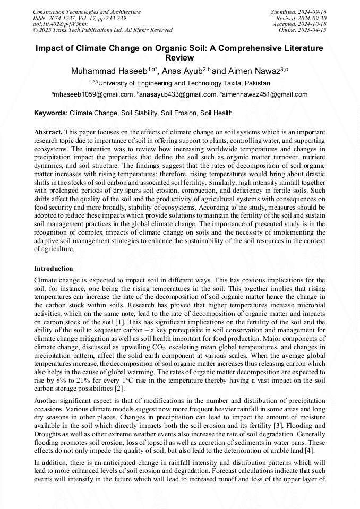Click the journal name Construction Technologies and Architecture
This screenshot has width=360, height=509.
(87, 12)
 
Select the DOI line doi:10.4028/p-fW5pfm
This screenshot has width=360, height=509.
(60, 24)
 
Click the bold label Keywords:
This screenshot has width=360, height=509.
(51, 113)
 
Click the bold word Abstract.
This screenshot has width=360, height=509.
(48, 132)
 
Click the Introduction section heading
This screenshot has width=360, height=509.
(54, 269)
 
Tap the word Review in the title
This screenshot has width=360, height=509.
(179, 57)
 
